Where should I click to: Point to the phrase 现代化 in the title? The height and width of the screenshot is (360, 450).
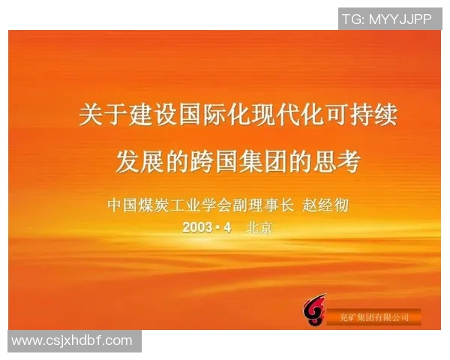pyautogui.click(x=286, y=116)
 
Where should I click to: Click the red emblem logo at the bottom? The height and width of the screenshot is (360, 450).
pyautogui.click(x=313, y=310)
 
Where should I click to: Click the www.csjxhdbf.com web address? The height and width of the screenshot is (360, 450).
pyautogui.click(x=72, y=341)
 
